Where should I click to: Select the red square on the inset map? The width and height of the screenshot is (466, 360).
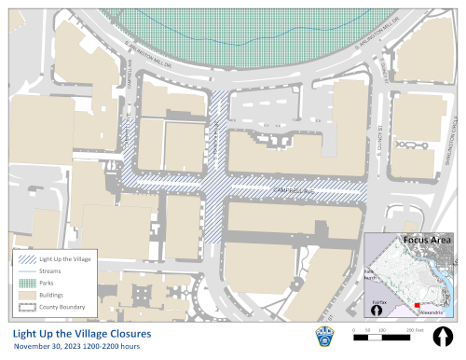pos(418,304)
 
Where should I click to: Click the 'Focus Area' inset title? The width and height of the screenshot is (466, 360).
pos(426,241)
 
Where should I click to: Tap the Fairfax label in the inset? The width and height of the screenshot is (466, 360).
pos(380,303)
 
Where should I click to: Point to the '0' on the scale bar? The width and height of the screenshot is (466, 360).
pos(354,330)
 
